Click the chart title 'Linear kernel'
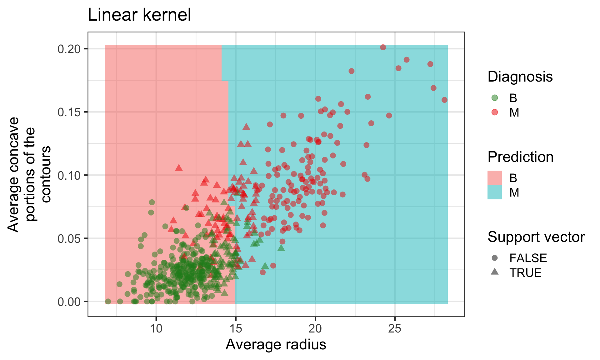(x=139, y=15)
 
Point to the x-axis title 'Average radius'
(x=276, y=345)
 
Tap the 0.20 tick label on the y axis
(x=69, y=49)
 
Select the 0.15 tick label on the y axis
(x=69, y=112)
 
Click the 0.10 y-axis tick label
(x=69, y=175)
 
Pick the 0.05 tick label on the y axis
(x=69, y=239)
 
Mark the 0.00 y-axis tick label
(x=69, y=302)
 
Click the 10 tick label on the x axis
(x=156, y=329)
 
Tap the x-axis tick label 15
(x=236, y=329)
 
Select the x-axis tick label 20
(x=315, y=329)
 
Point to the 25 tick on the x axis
(x=395, y=329)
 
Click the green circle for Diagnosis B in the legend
(x=494, y=98)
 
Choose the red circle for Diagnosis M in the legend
(x=494, y=112)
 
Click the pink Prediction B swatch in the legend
(x=494, y=178)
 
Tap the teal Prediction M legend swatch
(x=494, y=192)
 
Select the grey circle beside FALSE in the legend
(x=494, y=258)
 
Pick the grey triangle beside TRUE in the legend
(x=494, y=272)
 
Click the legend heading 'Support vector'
(x=536, y=237)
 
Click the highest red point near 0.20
(x=383, y=47)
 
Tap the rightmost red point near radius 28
(x=444, y=100)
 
